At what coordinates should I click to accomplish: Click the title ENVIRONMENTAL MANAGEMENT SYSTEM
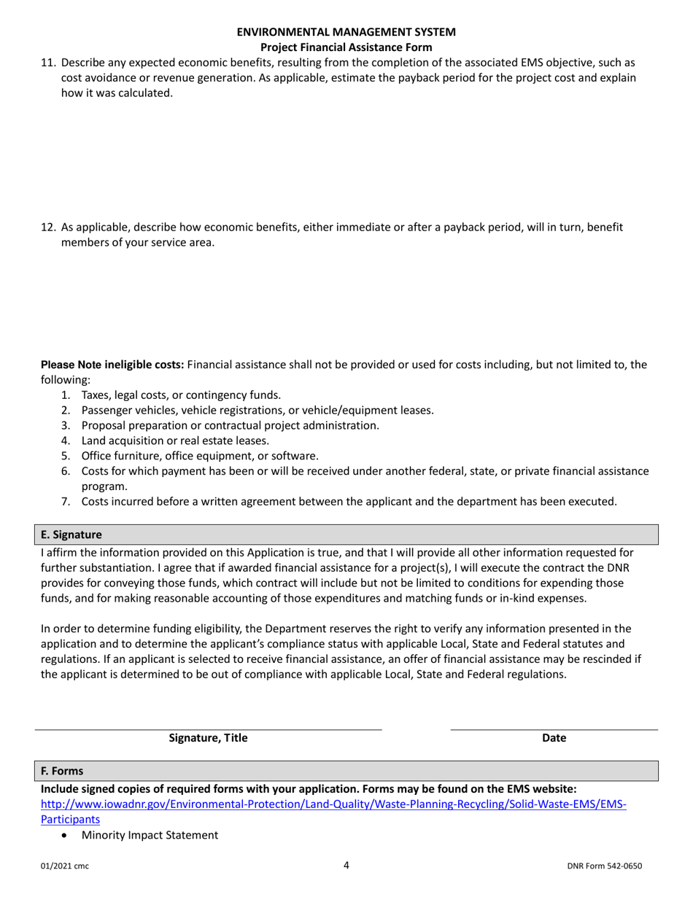(x=346, y=32)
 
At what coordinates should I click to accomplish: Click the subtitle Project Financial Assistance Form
(x=346, y=47)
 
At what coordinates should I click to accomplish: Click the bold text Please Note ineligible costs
(x=113, y=365)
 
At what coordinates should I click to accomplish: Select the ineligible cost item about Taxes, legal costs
(x=181, y=395)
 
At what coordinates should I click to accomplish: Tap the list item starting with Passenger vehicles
(x=258, y=410)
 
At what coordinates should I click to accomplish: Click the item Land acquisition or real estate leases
(x=175, y=440)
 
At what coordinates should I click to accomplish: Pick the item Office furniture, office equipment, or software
(x=200, y=456)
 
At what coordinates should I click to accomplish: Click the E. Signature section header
(x=71, y=535)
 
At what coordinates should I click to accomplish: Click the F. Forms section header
(x=62, y=771)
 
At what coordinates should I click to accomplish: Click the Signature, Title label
(x=209, y=738)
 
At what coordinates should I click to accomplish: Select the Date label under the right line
(x=554, y=738)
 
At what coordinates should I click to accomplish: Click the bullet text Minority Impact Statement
(x=150, y=835)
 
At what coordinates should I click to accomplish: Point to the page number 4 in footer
(x=346, y=866)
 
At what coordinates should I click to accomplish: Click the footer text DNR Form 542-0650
(x=605, y=866)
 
